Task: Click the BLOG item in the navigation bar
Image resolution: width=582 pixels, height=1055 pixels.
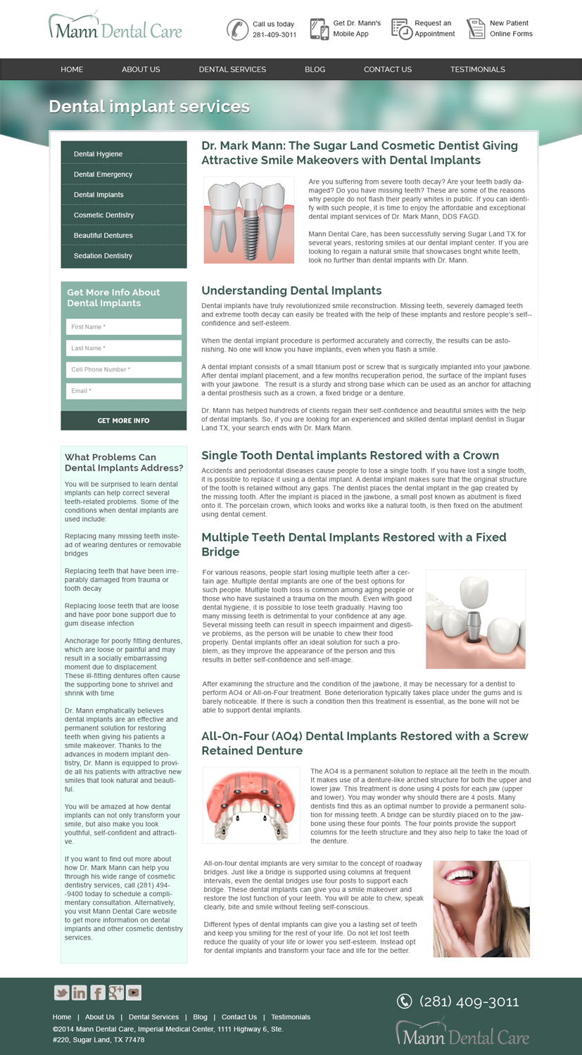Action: click(x=315, y=70)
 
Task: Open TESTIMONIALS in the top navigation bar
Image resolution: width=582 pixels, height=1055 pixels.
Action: click(x=477, y=70)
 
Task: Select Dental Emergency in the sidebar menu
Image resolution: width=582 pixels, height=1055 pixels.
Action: click(x=103, y=174)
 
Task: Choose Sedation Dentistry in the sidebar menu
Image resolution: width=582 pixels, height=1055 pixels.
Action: click(x=103, y=256)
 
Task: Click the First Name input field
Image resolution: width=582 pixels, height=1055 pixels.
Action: click(x=124, y=327)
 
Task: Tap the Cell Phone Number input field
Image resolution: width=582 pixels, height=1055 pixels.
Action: click(x=124, y=369)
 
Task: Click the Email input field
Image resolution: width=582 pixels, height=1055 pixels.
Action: click(x=124, y=391)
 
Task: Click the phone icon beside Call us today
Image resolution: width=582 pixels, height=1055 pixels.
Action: click(x=236, y=29)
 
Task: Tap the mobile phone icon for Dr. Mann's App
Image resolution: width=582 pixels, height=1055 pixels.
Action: click(x=319, y=29)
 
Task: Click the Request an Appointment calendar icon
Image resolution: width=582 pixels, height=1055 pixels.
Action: click(x=401, y=29)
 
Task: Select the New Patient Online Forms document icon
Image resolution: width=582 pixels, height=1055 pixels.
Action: click(x=476, y=29)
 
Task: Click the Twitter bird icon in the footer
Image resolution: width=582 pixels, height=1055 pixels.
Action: click(x=62, y=992)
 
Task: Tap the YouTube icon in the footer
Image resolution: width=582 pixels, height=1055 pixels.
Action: click(x=134, y=992)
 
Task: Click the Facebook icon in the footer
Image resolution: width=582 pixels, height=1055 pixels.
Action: click(x=98, y=992)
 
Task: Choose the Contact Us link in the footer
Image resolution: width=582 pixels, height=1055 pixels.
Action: click(x=239, y=1017)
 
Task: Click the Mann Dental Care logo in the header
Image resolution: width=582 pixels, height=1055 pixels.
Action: click(x=115, y=27)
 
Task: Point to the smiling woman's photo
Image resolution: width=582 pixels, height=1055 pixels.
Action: click(x=481, y=908)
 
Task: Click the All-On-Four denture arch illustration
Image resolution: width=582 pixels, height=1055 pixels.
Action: click(x=251, y=805)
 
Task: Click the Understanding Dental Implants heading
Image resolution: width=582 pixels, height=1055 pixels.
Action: click(x=291, y=290)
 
